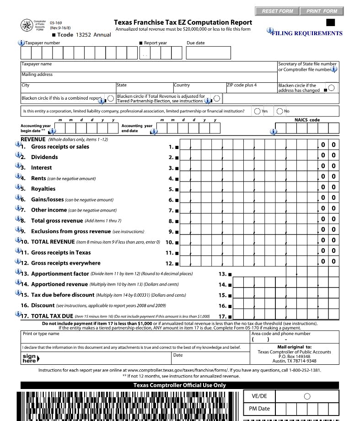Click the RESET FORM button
pyautogui.click(x=277, y=11)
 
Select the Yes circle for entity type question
pyautogui.click(x=258, y=111)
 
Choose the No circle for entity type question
pyautogui.click(x=279, y=111)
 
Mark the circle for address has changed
pyautogui.click(x=331, y=87)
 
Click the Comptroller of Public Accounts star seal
pyautogui.click(x=27, y=26)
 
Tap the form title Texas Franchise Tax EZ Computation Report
pyautogui.click(x=183, y=22)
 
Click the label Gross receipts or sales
pyautogui.click(x=60, y=147)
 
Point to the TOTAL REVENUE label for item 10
pyautogui.click(x=53, y=242)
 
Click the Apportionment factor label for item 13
pyautogui.click(x=60, y=274)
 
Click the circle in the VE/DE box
pyautogui.click(x=307, y=396)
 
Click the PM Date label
pyautogui.click(x=259, y=409)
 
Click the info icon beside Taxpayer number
pyautogui.click(x=21, y=43)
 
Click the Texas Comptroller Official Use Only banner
pyautogui.click(x=179, y=385)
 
